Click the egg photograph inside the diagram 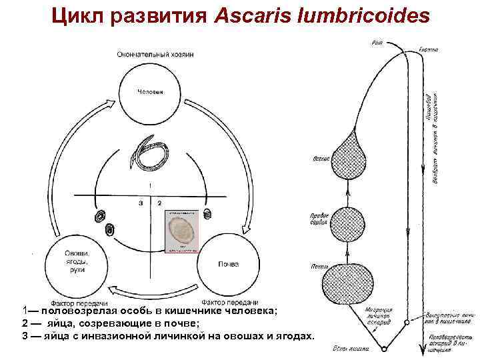coord(181,231)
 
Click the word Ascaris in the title coord(253,15)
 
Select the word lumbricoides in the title coord(363,15)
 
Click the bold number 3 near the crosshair coord(141,202)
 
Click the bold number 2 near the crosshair coord(159,202)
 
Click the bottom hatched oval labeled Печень coord(347,283)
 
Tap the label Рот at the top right coord(377,44)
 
